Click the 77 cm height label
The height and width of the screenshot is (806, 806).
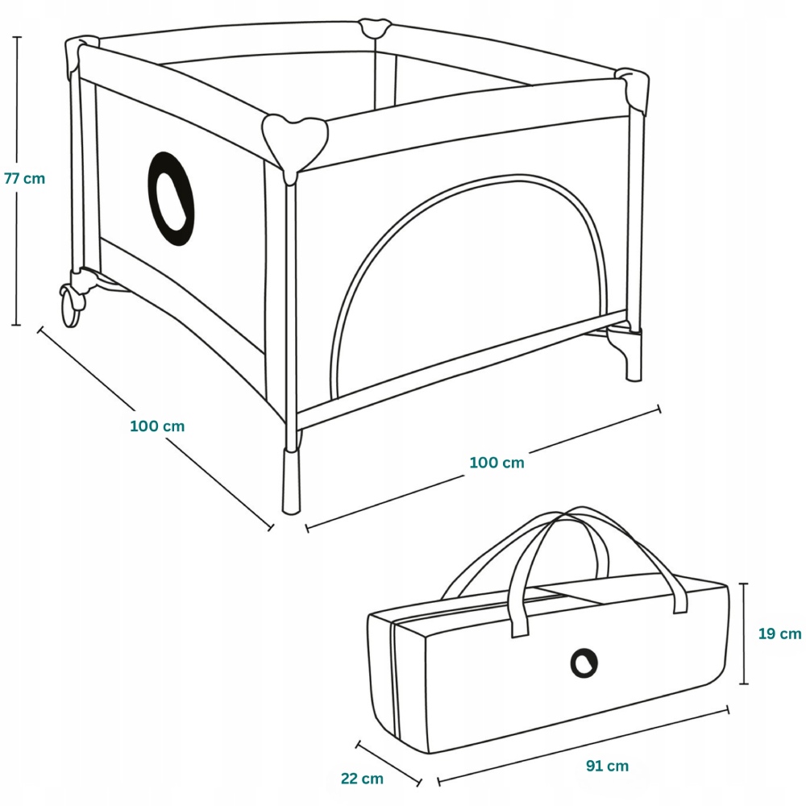[24, 179]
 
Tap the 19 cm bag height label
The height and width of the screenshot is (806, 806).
[779, 634]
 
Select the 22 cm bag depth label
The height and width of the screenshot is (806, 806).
[362, 779]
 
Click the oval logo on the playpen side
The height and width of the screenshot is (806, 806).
[171, 199]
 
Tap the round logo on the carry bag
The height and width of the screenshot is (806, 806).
[584, 663]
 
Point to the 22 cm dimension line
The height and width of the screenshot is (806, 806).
[389, 762]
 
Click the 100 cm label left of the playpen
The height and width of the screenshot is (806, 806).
[157, 426]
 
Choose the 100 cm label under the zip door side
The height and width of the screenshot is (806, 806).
[496, 463]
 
